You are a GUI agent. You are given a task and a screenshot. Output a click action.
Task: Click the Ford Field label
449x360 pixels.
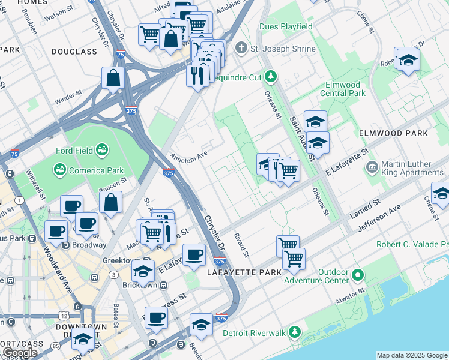coord(74,151)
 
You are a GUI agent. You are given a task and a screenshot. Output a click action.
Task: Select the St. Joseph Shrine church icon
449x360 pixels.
coord(241,47)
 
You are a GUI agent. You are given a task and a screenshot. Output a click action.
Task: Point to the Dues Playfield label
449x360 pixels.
coord(286,27)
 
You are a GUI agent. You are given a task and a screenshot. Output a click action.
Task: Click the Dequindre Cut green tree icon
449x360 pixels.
coord(271,76)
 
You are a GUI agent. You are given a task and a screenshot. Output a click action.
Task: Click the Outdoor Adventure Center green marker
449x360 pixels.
coord(358,276)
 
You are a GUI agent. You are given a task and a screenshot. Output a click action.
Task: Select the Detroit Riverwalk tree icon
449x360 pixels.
coord(294,332)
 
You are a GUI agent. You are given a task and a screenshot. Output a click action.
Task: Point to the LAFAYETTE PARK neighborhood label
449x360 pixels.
coord(244,273)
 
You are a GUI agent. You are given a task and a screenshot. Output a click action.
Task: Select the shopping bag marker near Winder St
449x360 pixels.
coord(113,77)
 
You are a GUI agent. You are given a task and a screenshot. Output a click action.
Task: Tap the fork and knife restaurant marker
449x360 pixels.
coord(196,74)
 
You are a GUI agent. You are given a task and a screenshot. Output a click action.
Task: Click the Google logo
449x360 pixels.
coord(20,353)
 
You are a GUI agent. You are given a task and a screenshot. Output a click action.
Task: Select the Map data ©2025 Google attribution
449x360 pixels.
coord(412,355)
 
